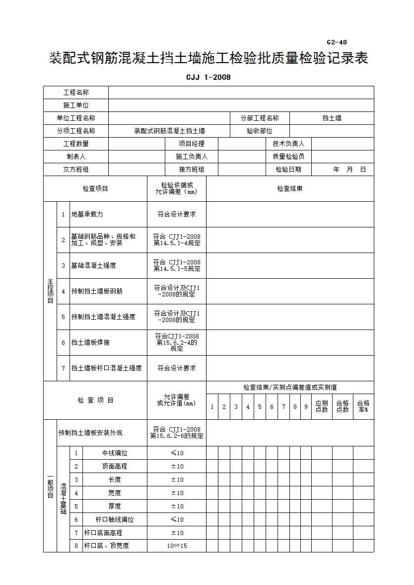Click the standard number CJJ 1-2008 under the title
[x=208, y=77]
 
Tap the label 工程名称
[x=76, y=92]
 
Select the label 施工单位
[x=76, y=105]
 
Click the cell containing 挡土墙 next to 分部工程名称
[x=331, y=118]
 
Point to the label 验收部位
[x=259, y=131]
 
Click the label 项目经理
[x=191, y=144]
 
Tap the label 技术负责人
[x=289, y=144]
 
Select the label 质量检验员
[x=289, y=156]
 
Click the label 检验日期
[x=289, y=169]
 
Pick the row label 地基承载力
[x=87, y=215]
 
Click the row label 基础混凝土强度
[x=94, y=265]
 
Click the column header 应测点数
[x=322, y=406]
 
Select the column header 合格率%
[x=363, y=406]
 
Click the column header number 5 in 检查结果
[x=259, y=407]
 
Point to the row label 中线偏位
[x=115, y=453]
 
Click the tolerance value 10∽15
[x=177, y=546]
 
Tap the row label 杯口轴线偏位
[x=115, y=519]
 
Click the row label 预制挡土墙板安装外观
[x=90, y=433]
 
